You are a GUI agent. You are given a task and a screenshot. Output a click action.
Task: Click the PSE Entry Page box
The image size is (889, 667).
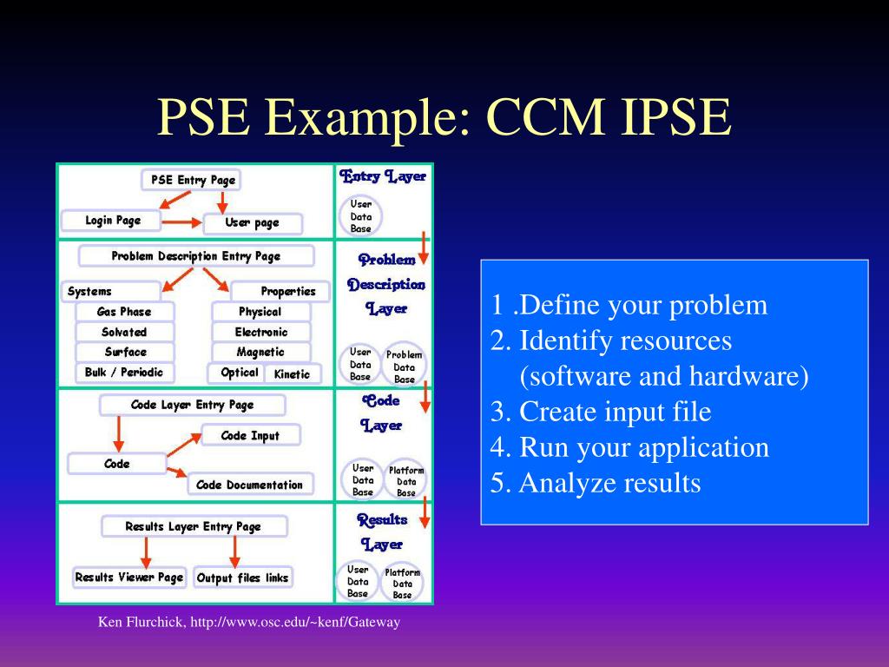[x=191, y=180]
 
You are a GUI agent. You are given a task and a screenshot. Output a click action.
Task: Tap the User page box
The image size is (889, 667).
[x=252, y=223]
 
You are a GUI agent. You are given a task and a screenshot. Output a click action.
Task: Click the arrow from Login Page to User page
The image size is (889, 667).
[x=181, y=222]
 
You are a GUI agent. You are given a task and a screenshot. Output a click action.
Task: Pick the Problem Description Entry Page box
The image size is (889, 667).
[x=195, y=256]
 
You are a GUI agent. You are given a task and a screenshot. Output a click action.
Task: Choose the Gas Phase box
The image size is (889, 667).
[x=124, y=312]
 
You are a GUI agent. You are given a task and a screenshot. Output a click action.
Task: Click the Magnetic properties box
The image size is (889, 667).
[x=260, y=353]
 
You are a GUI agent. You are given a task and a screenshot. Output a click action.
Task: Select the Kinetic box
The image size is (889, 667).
[x=292, y=374]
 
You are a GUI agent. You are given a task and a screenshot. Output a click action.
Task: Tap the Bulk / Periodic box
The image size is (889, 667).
[x=124, y=373]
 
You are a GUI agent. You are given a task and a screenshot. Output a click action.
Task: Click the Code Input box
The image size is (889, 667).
[x=251, y=435]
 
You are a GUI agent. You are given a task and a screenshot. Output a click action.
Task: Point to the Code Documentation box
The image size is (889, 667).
[x=250, y=485]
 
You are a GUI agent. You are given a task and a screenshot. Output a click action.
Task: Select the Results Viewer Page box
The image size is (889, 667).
[x=128, y=578]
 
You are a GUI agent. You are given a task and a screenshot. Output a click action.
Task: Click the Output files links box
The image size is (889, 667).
[x=242, y=578]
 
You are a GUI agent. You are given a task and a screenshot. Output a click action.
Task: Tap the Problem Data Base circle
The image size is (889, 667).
[x=405, y=367]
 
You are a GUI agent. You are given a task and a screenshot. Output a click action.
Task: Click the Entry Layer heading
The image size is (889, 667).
[x=383, y=177]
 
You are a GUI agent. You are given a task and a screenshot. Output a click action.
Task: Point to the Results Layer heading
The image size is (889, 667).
[x=382, y=532]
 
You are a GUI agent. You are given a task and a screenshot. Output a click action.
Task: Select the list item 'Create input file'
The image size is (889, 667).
[x=601, y=412]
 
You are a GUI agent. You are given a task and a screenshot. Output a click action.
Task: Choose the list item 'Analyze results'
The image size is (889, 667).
[x=596, y=483]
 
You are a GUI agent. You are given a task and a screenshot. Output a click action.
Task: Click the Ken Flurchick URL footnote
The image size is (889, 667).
[x=248, y=623]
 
